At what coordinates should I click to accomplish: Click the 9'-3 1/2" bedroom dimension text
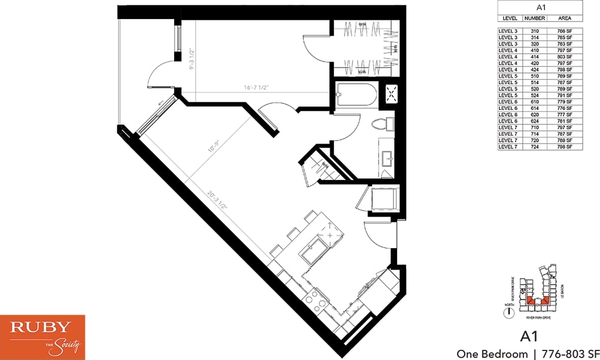(192, 59)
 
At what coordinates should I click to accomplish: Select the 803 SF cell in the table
(565, 57)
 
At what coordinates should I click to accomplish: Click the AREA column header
(565, 19)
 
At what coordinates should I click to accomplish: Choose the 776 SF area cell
(565, 108)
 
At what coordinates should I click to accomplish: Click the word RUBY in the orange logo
(42, 328)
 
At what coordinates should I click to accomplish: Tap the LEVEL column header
(510, 19)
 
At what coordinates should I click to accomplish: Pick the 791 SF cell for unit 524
(565, 96)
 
